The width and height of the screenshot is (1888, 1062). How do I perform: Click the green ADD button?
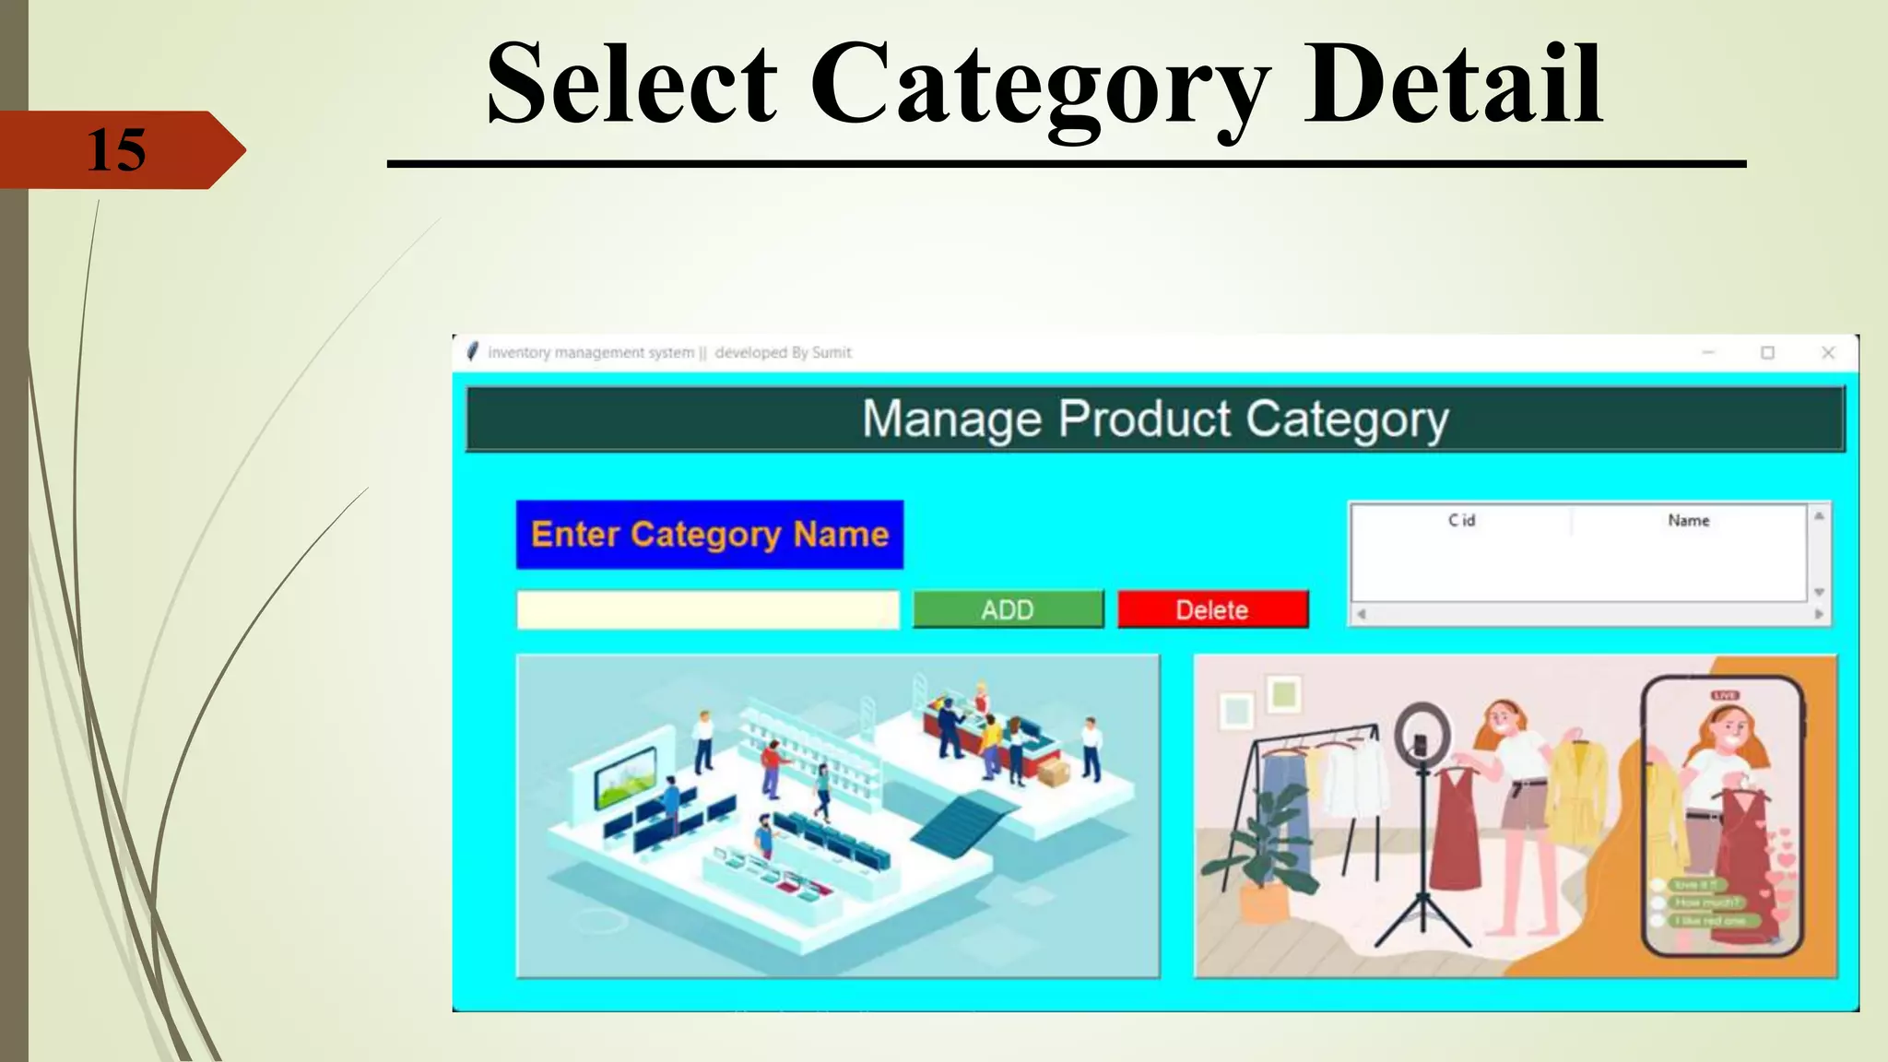(x=1008, y=609)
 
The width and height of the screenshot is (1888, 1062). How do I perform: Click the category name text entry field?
(x=707, y=609)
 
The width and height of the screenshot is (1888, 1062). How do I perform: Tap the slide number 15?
(x=116, y=150)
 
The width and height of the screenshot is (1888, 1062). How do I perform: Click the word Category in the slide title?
(x=1040, y=86)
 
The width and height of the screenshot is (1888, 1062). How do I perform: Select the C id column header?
(x=1461, y=521)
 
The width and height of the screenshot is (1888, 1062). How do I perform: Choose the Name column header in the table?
(x=1688, y=521)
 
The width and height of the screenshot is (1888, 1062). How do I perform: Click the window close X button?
(x=1828, y=352)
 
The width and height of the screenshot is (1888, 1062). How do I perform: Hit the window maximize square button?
(x=1767, y=352)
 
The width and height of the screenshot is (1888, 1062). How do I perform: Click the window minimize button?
(x=1707, y=352)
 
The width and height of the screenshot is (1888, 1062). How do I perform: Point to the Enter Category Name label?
(x=709, y=535)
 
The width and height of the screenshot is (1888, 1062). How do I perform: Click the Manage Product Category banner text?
(x=1154, y=419)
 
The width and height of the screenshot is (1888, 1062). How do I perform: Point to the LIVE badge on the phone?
(x=1724, y=695)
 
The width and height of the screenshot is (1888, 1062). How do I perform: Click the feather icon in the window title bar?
(x=472, y=352)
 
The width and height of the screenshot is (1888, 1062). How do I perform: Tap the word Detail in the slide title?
(x=1454, y=86)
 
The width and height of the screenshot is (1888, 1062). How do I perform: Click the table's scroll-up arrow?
(x=1819, y=516)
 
